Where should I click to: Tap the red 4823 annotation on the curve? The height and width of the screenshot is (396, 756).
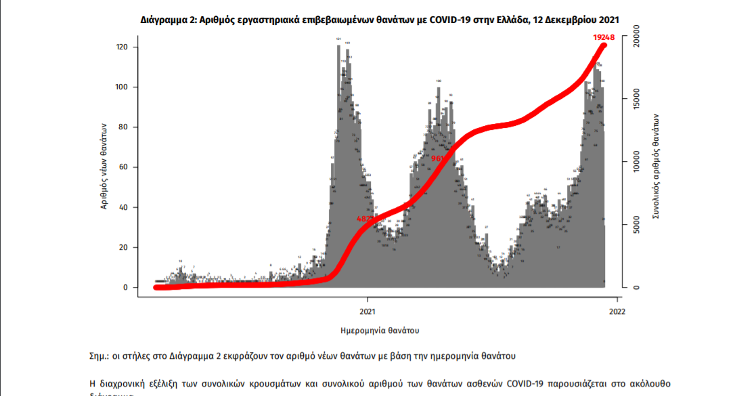coord(366,219)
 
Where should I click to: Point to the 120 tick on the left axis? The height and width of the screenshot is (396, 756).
coord(123,47)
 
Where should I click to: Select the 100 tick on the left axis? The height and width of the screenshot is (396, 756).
coord(123,87)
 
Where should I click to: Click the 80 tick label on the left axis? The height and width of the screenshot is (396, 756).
coord(125,127)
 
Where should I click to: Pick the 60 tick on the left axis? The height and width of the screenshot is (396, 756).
coord(125,167)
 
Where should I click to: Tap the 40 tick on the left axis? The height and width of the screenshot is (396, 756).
coord(125,207)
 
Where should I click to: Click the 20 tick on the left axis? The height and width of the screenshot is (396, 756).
coord(125,247)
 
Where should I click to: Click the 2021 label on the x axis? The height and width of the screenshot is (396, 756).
coord(368,312)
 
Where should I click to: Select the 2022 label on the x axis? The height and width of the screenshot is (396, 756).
coord(617,312)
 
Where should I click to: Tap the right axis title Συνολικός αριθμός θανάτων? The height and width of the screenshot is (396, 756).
coord(655,166)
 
